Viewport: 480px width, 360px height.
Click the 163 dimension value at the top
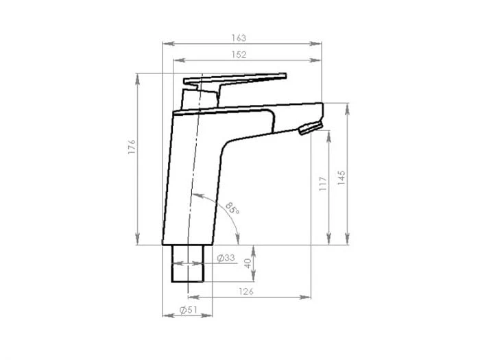point(239,38)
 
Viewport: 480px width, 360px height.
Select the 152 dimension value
point(239,54)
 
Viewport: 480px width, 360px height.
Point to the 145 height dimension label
point(341,178)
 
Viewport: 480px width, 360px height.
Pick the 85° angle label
point(232,207)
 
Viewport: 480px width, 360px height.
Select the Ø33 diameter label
point(226,259)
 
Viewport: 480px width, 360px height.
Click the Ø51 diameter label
point(189,311)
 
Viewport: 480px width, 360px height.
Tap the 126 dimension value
point(247,292)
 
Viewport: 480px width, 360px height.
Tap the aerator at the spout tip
point(310,128)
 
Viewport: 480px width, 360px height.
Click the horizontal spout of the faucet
point(274,111)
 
